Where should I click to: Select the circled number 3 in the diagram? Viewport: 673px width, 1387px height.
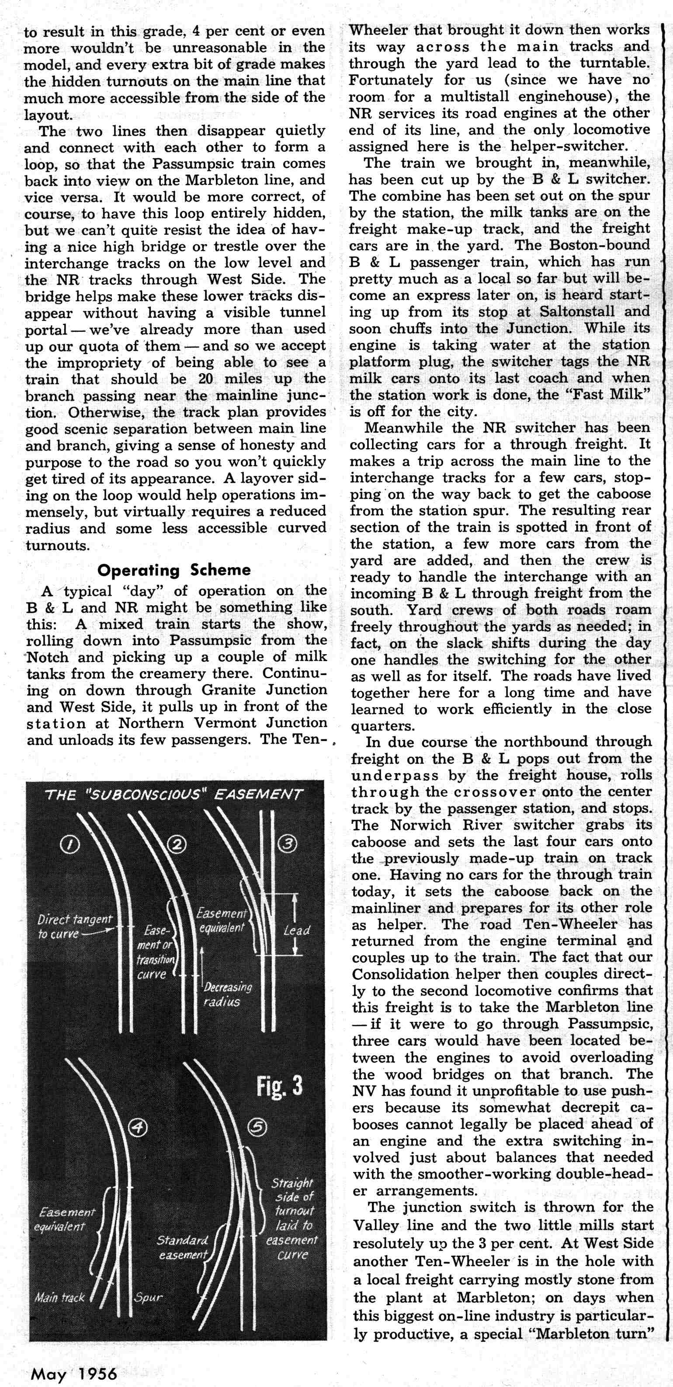click(288, 844)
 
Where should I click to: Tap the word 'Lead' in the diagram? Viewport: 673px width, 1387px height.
click(296, 930)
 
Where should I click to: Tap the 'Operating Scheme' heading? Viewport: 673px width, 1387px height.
click(174, 570)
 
